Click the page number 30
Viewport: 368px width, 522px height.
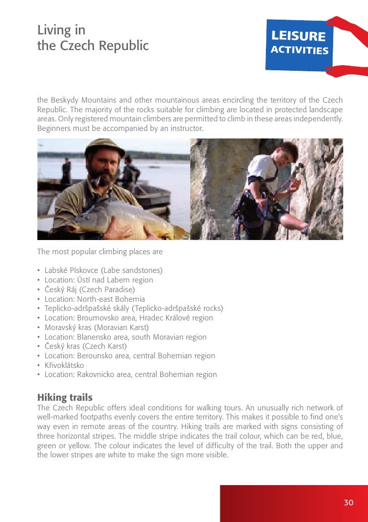click(348, 502)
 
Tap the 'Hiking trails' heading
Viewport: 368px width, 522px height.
click(65, 398)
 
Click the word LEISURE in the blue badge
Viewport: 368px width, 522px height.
click(298, 36)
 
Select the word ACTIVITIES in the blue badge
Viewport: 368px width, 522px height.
click(299, 51)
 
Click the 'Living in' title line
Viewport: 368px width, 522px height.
click(61, 30)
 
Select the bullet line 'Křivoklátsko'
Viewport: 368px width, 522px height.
click(64, 365)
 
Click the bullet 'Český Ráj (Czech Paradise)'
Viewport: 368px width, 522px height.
click(89, 290)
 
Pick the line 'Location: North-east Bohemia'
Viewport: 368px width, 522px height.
click(95, 299)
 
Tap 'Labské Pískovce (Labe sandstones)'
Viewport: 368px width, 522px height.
click(103, 270)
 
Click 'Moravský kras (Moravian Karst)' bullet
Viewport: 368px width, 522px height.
click(97, 327)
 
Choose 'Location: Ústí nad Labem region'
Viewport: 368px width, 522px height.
click(99, 280)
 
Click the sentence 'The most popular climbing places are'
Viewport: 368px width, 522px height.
click(100, 251)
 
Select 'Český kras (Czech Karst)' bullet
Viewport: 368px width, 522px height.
click(85, 346)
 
